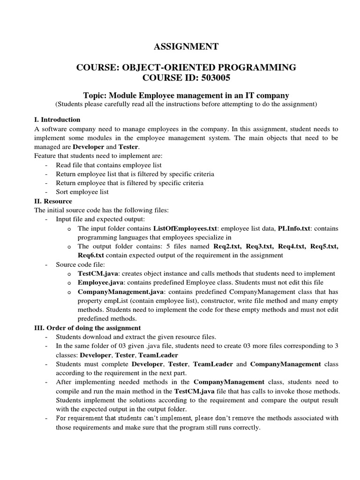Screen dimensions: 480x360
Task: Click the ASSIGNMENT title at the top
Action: [186, 46]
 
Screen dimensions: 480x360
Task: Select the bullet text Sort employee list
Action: [82, 192]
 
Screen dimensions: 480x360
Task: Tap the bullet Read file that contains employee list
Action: [109, 165]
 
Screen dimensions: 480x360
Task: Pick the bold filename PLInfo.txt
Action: [294, 228]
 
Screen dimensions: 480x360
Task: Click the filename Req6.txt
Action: [91, 255]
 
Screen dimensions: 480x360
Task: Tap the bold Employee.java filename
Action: [101, 283]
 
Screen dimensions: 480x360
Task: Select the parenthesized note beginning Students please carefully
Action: [186, 104]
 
